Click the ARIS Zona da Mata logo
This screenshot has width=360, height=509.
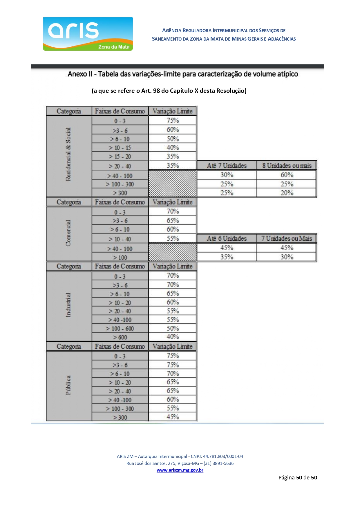point(88,34)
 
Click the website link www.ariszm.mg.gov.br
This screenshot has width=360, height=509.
point(180,470)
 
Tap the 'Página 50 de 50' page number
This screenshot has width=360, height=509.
point(298,477)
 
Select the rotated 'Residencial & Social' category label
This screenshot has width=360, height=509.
point(68,154)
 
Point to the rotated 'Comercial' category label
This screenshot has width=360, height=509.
point(68,233)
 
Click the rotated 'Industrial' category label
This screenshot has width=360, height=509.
point(68,305)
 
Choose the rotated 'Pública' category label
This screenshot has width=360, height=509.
point(68,385)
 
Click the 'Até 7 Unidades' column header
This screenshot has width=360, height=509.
point(227,166)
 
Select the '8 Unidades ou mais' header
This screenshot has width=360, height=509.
point(287,166)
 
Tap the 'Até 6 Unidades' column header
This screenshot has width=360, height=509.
point(227,238)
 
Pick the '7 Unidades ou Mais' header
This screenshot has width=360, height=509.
point(287,238)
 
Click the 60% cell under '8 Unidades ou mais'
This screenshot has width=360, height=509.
point(287,175)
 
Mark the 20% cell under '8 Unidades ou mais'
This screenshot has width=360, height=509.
point(287,193)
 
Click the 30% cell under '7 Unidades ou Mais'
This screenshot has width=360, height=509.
point(287,257)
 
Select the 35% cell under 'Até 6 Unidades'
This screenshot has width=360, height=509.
point(227,257)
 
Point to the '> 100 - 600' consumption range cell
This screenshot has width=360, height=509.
point(120,329)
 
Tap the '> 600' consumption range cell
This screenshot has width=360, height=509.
point(120,337)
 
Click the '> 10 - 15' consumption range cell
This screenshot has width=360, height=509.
point(120,148)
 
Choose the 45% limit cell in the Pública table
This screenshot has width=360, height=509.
point(173,417)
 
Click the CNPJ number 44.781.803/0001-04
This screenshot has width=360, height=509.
point(223,456)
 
